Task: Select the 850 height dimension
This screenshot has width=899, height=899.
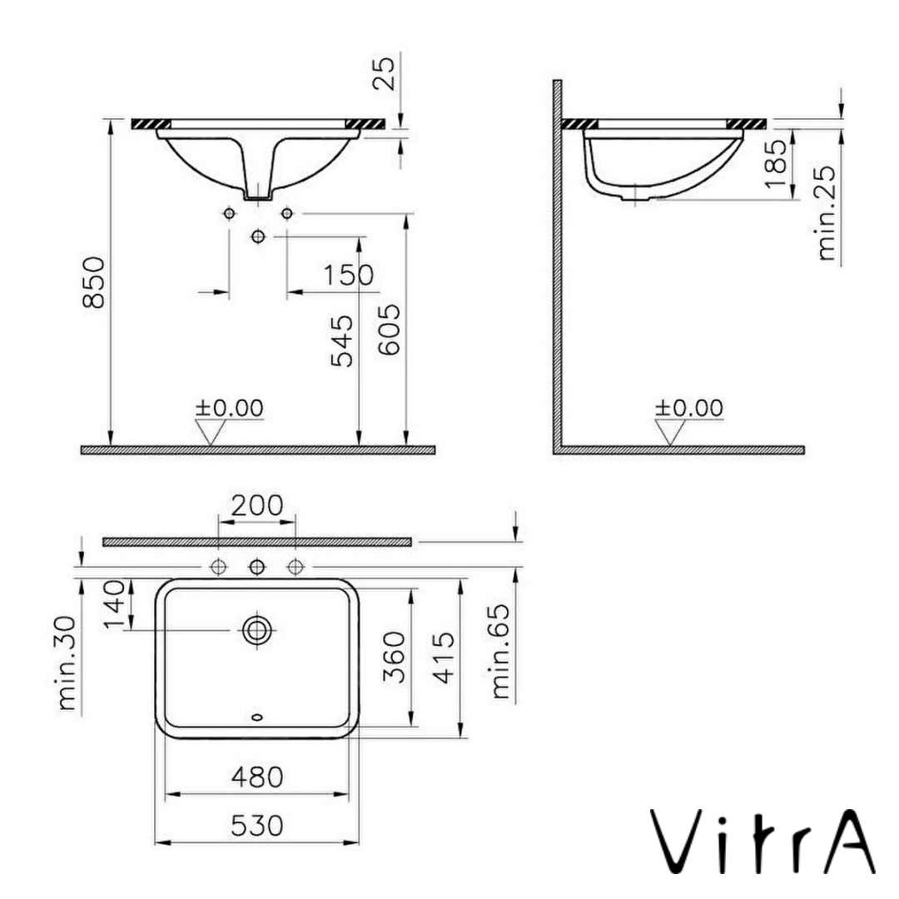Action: click(97, 282)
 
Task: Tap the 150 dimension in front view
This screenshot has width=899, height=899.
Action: click(349, 275)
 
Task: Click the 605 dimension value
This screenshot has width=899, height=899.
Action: click(390, 330)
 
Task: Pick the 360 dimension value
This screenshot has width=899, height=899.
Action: click(395, 658)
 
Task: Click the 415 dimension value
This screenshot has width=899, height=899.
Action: click(445, 658)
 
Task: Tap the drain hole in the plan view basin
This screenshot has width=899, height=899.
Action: click(256, 630)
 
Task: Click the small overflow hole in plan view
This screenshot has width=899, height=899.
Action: click(256, 717)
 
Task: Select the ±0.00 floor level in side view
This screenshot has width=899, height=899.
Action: click(688, 408)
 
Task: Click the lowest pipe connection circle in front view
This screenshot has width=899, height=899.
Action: click(257, 237)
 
